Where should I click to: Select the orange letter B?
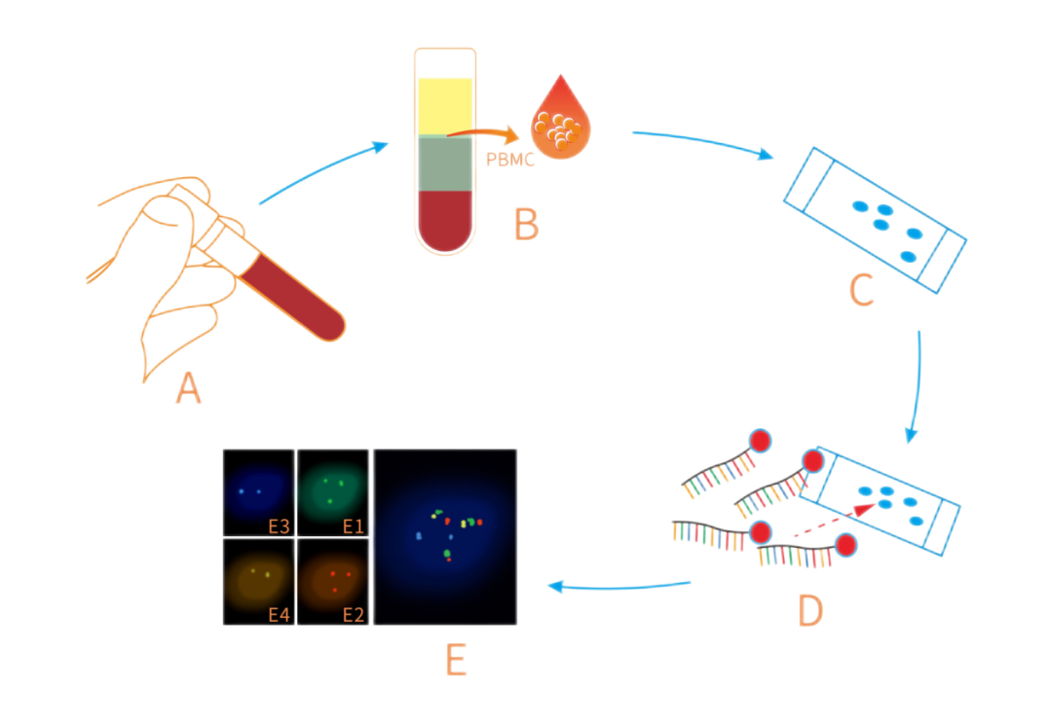pyautogui.click(x=526, y=224)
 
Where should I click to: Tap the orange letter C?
pyautogui.click(x=861, y=290)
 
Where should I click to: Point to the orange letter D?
pyautogui.click(x=810, y=609)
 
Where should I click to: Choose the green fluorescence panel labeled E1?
pyautogui.click(x=333, y=491)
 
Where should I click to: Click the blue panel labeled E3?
pyautogui.click(x=258, y=491)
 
